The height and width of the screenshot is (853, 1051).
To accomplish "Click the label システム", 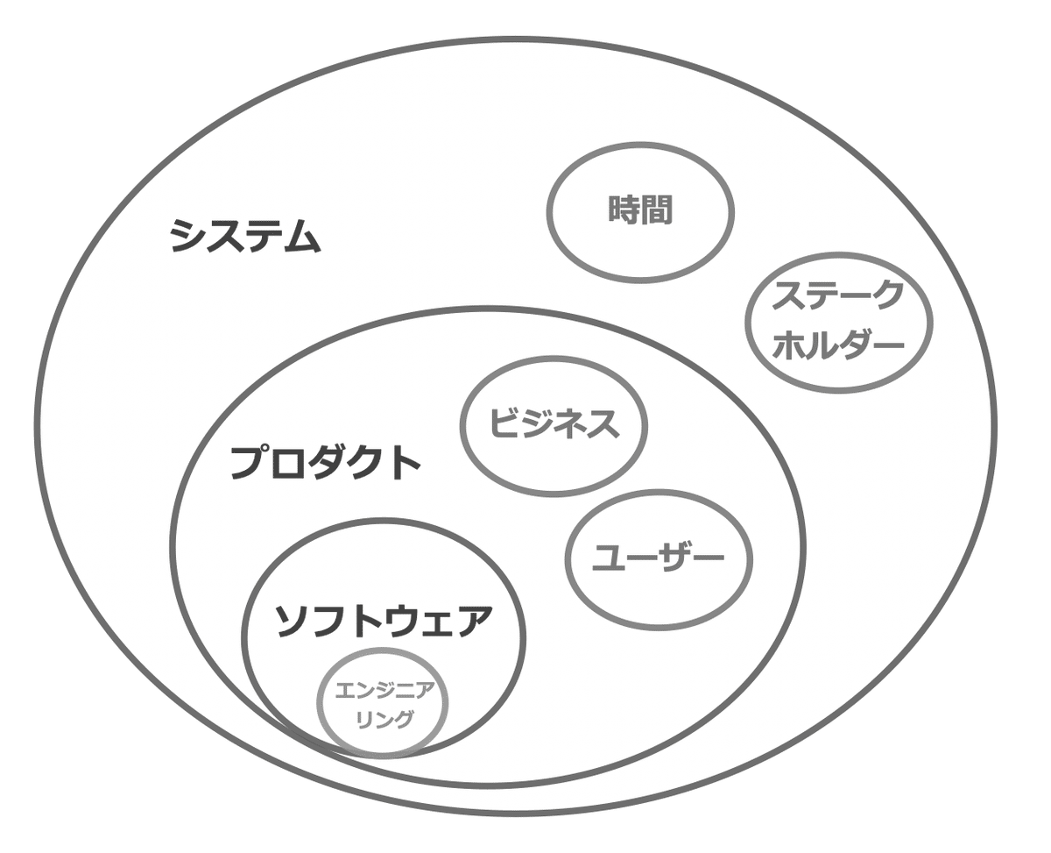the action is (x=246, y=236).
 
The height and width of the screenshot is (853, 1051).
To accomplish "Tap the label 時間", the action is (x=641, y=210).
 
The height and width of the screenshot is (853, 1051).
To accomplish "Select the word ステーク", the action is (x=836, y=296).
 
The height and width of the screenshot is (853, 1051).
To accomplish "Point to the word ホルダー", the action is (x=838, y=344).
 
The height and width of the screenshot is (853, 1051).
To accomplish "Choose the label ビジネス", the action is (x=554, y=424).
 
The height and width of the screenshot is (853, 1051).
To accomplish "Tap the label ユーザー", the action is (x=659, y=558).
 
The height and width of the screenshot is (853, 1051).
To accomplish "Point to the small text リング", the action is (x=383, y=719).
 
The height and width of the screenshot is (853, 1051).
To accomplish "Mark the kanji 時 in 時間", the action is (x=624, y=210).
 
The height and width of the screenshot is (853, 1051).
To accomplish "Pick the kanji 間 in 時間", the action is (x=658, y=210).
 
